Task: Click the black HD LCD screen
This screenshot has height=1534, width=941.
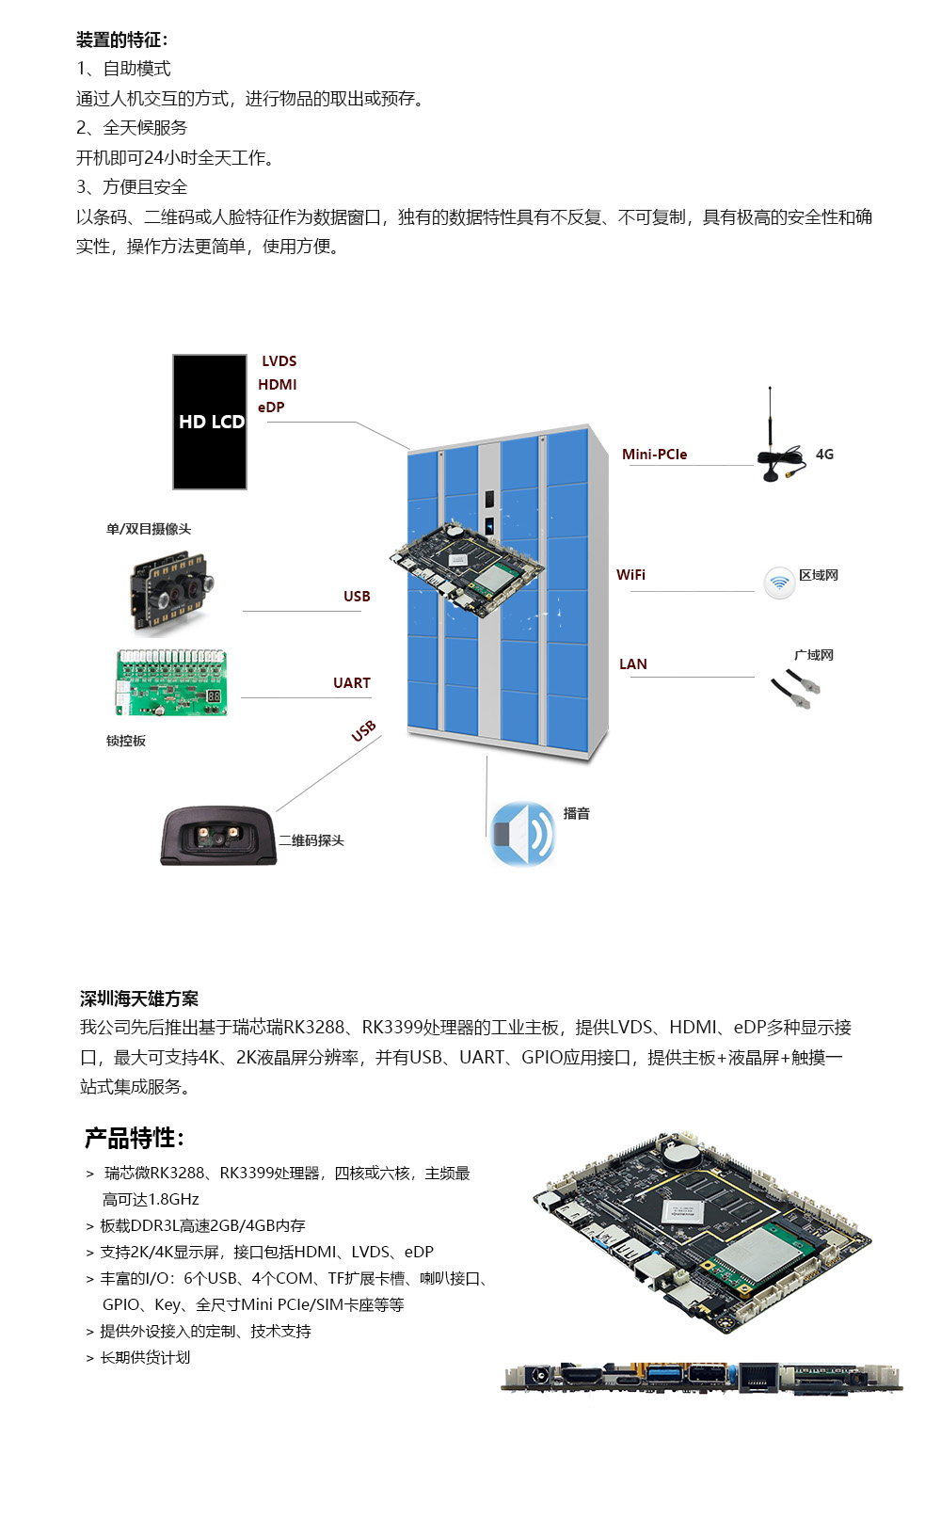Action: [x=209, y=422]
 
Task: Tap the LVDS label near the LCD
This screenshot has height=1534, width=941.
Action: [x=279, y=361]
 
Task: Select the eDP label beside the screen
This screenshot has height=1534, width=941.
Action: [x=271, y=407]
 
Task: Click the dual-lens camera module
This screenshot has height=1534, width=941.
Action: [x=171, y=591]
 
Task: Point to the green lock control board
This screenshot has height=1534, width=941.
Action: [x=171, y=683]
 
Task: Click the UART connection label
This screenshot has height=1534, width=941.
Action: [x=351, y=683]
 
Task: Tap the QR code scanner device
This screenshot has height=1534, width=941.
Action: [x=217, y=836]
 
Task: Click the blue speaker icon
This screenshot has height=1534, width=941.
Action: [x=522, y=834]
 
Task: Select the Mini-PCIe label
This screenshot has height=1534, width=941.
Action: [x=654, y=455]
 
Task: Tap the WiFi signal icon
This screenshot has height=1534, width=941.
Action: [x=779, y=583]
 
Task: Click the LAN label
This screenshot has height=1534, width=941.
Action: [x=632, y=664]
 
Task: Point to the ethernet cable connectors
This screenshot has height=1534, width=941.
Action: [x=796, y=689]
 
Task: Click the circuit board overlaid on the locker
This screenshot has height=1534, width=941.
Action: [x=467, y=568]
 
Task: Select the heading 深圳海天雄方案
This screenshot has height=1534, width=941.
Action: [x=139, y=999]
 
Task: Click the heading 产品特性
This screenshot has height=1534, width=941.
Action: [x=134, y=1139]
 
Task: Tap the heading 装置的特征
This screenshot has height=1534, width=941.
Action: [x=122, y=40]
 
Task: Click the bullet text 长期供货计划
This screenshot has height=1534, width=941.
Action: [x=145, y=1357]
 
